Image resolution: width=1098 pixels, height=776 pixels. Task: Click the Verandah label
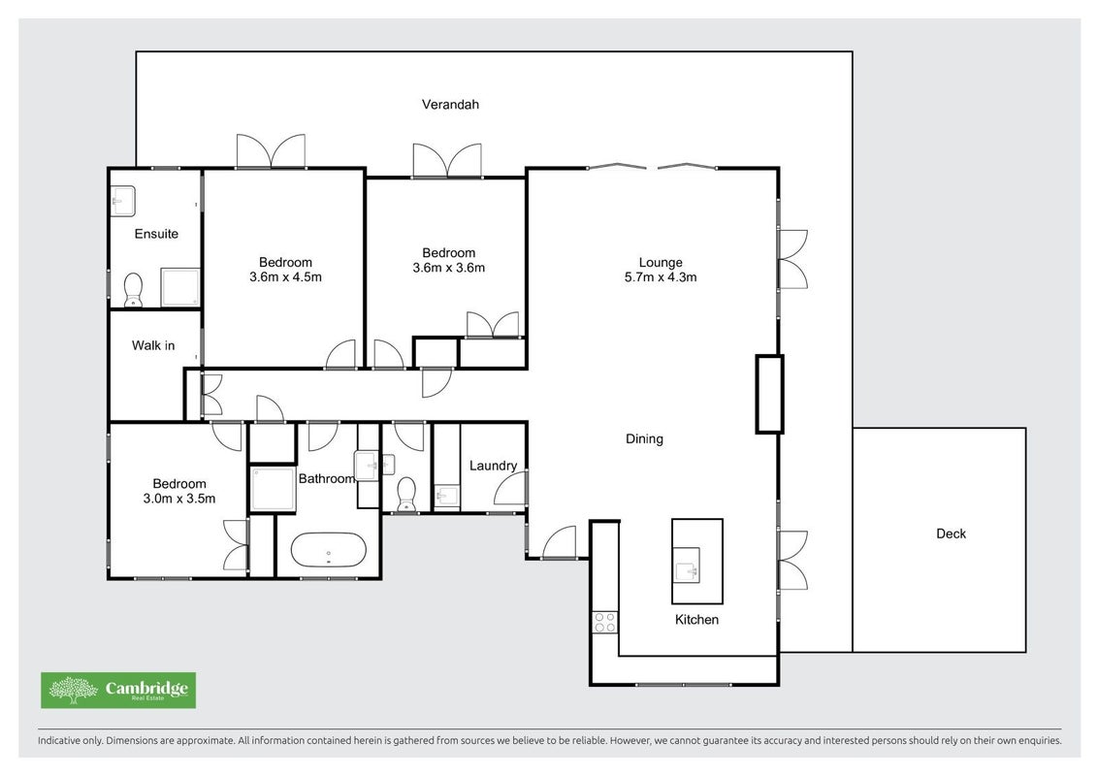[450, 105]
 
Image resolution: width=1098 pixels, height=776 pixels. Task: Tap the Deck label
[951, 533]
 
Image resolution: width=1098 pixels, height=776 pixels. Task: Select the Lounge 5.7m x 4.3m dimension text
[661, 276]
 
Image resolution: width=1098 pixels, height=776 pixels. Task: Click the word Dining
[644, 439]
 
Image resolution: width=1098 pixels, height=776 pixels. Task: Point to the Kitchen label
[696, 619]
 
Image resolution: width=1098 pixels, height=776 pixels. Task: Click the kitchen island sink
[687, 565]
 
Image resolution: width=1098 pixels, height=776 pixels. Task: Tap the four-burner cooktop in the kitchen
[605, 622]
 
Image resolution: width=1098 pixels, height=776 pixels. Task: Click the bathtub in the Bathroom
[328, 551]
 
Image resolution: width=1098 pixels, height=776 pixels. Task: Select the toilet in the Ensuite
[133, 290]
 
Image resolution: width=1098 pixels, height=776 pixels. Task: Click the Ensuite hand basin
[123, 201]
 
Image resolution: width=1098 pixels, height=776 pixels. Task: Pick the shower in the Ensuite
[180, 287]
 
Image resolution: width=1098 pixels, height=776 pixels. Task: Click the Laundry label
[493, 466]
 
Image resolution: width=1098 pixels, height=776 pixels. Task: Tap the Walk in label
[153, 345]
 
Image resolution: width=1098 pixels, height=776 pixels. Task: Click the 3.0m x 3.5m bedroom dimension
[179, 499]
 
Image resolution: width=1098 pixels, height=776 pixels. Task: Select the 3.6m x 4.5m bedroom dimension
[286, 276]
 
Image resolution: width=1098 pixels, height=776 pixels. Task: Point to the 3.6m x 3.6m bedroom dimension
[449, 268]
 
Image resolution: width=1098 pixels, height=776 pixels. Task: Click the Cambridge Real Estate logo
[118, 690]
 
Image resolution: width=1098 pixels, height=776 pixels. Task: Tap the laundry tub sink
[446, 497]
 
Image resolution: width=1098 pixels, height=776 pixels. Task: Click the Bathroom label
[327, 478]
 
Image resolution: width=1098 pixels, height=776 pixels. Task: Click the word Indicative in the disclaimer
[59, 740]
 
